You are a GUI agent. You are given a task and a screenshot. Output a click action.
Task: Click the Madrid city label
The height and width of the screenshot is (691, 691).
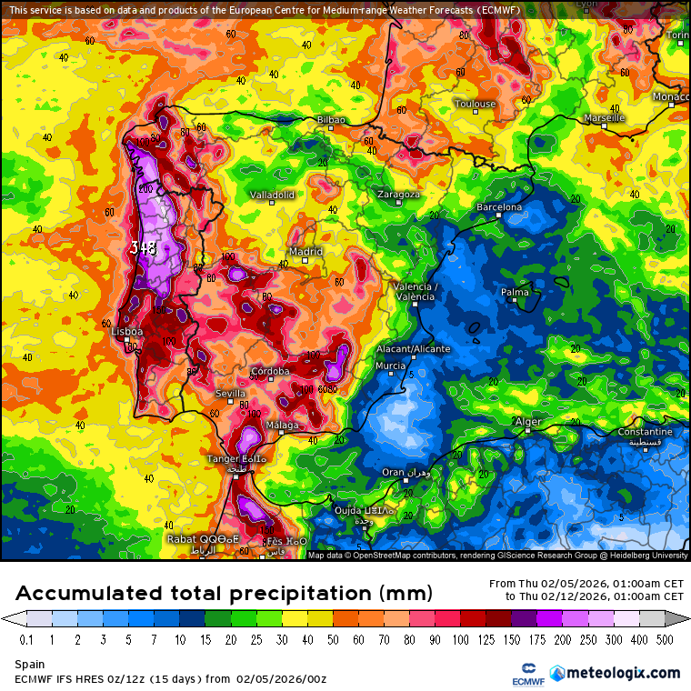[x=305, y=252]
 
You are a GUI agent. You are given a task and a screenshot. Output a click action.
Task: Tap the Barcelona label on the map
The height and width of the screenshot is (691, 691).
[x=500, y=207]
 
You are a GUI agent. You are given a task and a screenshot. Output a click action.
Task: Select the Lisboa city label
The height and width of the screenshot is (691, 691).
[x=126, y=332]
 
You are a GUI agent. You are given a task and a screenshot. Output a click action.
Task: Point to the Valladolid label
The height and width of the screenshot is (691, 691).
[x=273, y=195]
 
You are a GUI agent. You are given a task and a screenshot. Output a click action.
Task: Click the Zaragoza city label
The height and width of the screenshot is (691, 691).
[x=398, y=195]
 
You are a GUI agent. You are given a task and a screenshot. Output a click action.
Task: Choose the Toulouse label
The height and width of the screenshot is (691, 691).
[x=476, y=104]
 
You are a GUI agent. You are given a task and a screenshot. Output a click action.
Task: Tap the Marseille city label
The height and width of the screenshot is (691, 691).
[x=605, y=118]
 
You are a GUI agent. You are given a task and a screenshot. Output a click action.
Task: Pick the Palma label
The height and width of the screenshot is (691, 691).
[x=515, y=292]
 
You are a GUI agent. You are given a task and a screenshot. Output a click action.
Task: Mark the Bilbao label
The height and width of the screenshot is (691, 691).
[x=331, y=119]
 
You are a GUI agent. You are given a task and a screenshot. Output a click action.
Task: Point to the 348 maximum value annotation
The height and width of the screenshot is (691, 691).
[x=144, y=247]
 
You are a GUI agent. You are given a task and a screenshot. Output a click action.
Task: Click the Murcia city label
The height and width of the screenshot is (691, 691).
[x=390, y=366]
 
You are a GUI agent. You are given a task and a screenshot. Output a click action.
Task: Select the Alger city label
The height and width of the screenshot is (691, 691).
[x=527, y=422]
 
